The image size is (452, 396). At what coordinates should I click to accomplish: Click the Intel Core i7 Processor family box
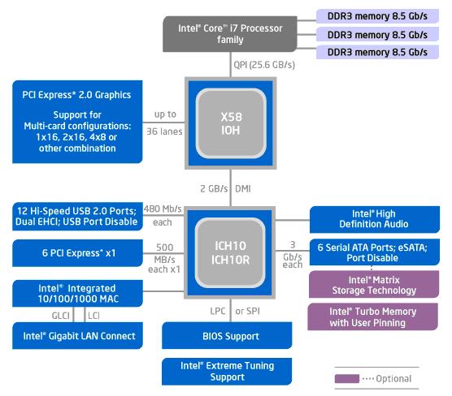[x=230, y=33]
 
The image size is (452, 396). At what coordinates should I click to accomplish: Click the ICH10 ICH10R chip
[x=231, y=252]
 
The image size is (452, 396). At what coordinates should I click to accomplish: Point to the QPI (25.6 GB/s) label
[x=264, y=65]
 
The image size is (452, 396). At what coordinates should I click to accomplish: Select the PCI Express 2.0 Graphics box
[x=76, y=120]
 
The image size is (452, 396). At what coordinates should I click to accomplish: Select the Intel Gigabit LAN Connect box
[x=80, y=335]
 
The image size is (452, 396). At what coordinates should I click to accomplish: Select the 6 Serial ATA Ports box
[x=375, y=252]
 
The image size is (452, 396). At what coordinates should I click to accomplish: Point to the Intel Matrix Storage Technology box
[x=375, y=284]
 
